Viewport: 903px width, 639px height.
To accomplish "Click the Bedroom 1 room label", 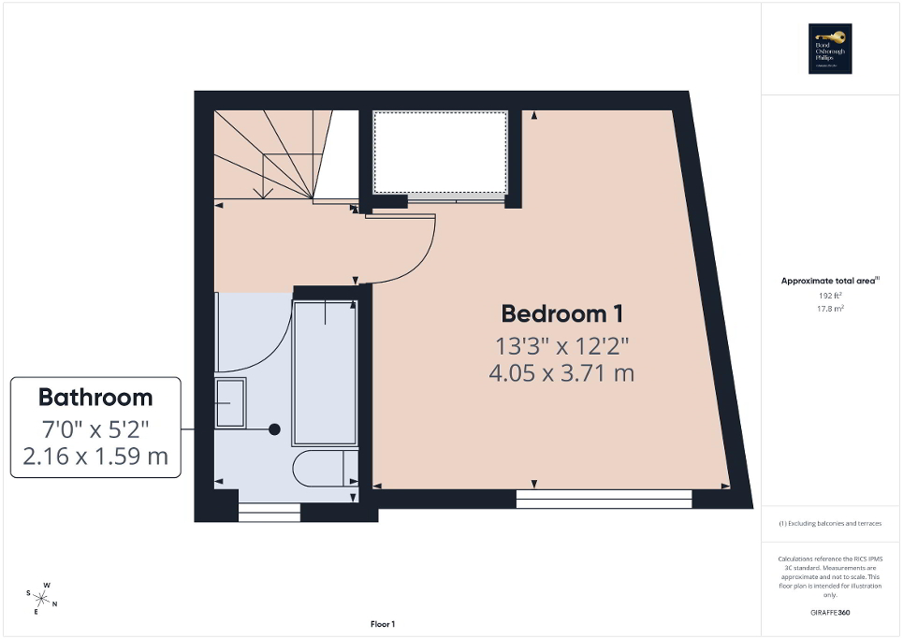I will point(562,313).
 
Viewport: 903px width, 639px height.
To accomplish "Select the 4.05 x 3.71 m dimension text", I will point(561,373).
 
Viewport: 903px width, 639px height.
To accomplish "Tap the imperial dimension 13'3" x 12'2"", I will point(561,345).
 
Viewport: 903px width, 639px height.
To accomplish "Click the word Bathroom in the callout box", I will point(95,397).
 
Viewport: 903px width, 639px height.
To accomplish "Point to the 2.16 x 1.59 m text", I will point(95,457).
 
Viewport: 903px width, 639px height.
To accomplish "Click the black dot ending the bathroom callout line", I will point(274,429).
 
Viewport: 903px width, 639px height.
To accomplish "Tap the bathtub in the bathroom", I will point(324,372).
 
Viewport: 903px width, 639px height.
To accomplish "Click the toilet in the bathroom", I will point(323,469).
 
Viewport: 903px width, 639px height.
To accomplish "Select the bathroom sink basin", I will point(229,402).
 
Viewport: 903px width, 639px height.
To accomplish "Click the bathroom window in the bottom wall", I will point(269,512).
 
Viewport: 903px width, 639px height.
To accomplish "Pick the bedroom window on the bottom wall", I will point(604,499).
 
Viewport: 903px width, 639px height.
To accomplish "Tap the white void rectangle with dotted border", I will point(440,152).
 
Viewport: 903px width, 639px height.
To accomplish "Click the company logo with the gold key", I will point(828,49).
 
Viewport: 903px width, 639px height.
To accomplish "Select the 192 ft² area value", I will point(831,295).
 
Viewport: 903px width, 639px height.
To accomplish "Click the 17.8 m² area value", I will point(831,308).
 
